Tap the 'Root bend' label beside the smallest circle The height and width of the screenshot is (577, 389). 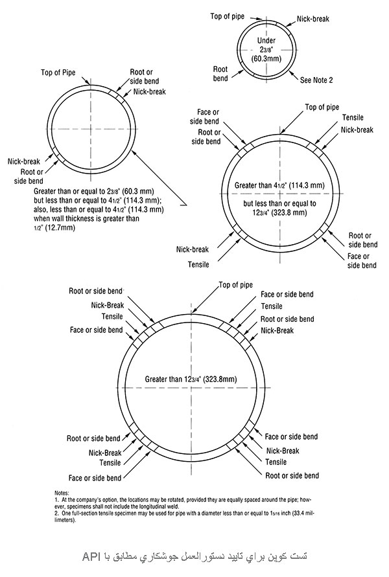click(220, 73)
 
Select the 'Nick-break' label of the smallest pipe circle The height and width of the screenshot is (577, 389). click(314, 19)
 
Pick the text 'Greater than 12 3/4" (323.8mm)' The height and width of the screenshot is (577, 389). click(190, 377)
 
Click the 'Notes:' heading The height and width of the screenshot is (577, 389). click(62, 493)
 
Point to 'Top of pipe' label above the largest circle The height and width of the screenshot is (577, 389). click(235, 284)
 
